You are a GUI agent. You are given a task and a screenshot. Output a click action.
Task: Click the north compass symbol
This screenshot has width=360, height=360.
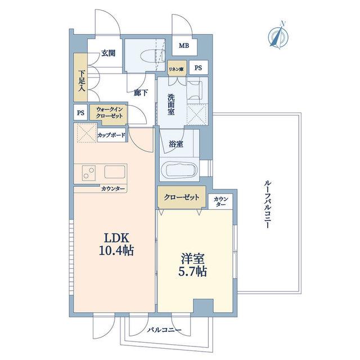click(x=278, y=36)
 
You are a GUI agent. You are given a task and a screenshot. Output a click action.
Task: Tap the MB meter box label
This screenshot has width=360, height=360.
click(x=184, y=46)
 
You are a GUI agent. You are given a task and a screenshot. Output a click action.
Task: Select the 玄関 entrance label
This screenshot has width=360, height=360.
click(x=109, y=53)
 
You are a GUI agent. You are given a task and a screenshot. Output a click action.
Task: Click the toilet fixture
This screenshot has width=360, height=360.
click(x=152, y=56)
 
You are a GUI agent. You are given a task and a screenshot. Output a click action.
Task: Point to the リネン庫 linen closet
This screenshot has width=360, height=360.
click(x=177, y=68)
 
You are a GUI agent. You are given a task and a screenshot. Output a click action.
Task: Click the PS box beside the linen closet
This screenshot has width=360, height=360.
click(x=199, y=67)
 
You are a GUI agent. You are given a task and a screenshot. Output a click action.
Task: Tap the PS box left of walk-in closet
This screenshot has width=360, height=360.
click(x=80, y=112)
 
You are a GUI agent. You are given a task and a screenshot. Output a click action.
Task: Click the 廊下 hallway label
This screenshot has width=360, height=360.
click(x=141, y=93)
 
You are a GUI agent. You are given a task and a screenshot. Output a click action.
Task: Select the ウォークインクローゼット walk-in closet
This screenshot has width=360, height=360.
click(x=109, y=114)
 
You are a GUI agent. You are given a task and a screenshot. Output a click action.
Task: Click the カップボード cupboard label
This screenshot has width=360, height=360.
click(x=111, y=135)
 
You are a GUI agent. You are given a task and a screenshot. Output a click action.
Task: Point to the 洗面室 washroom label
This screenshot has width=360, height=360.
click(x=171, y=105)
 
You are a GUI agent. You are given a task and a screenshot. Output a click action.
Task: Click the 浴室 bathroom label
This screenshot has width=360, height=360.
click(x=176, y=144)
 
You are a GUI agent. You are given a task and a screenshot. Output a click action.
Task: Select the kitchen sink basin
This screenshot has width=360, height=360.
click(x=115, y=172)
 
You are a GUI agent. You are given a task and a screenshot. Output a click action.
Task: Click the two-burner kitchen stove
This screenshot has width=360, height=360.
click(x=89, y=173)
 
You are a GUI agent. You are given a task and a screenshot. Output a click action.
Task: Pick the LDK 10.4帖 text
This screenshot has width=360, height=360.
click(x=116, y=244)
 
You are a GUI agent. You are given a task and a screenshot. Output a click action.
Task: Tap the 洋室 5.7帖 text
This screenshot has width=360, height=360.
click(x=192, y=265)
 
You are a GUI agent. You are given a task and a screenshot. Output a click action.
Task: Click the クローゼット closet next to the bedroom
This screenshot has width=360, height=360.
click(x=182, y=197)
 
